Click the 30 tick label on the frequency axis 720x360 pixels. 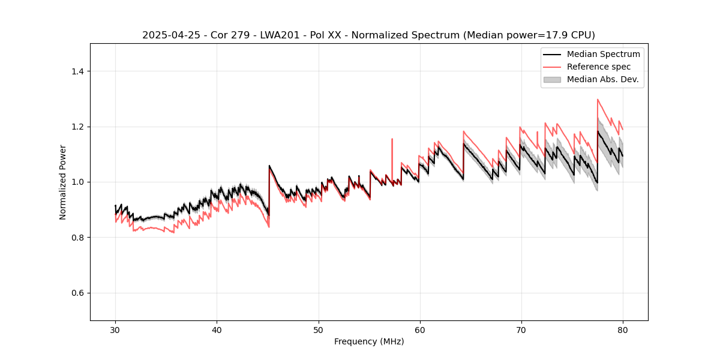[x=115, y=330]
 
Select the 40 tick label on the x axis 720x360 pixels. [x=217, y=330]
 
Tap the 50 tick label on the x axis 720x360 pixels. [x=318, y=330]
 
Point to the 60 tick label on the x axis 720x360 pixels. [x=419, y=330]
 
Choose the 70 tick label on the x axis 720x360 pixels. [x=521, y=330]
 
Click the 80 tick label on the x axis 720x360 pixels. [x=622, y=330]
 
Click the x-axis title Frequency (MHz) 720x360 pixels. [x=369, y=342]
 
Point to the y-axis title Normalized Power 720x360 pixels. [x=62, y=182]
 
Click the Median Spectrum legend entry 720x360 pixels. [x=603, y=54]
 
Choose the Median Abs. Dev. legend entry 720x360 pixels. [x=602, y=79]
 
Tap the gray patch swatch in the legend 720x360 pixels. [x=552, y=79]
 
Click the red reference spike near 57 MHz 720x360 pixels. [x=392, y=140]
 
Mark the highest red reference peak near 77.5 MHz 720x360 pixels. [x=598, y=100]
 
